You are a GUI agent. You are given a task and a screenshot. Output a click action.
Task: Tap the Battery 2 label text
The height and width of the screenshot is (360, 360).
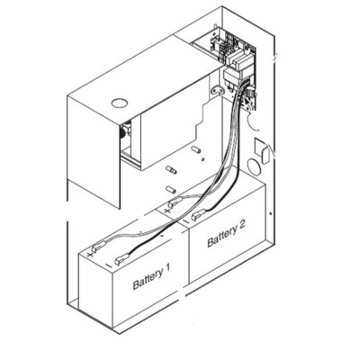coord(226,233)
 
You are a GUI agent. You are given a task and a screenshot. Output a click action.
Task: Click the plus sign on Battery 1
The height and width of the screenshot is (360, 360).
coord(90,255)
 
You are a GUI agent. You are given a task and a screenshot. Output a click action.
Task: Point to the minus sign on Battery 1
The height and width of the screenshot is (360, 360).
coord(109,265)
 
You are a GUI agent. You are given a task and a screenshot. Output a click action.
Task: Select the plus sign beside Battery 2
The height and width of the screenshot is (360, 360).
coord(167,210)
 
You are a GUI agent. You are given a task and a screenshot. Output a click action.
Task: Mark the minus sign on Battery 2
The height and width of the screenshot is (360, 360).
coord(185,221)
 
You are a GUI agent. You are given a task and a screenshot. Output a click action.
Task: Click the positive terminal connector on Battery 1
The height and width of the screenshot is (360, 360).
coord(99,247)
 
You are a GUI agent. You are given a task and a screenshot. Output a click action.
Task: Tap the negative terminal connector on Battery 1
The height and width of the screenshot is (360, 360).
coord(121,258)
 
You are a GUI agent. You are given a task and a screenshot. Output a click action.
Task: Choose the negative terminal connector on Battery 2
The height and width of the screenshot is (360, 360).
coord(198,214)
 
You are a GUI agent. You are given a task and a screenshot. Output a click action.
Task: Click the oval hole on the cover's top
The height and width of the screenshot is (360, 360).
coord(120,103)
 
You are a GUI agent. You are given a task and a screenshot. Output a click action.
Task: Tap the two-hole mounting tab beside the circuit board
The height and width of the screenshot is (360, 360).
coord(218,90)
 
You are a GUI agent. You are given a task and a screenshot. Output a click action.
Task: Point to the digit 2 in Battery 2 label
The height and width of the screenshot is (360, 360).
coord(241,225)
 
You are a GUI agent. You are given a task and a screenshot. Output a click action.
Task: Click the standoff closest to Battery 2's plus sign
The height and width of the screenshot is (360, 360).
coord(170,190)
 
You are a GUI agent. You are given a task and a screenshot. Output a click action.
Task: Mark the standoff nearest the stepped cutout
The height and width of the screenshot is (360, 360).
coord(196,149)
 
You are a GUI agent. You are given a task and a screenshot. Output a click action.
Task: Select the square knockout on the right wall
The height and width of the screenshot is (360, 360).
coord(259,146)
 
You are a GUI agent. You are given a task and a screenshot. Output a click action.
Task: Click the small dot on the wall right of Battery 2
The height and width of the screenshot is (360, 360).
coord(270,213)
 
